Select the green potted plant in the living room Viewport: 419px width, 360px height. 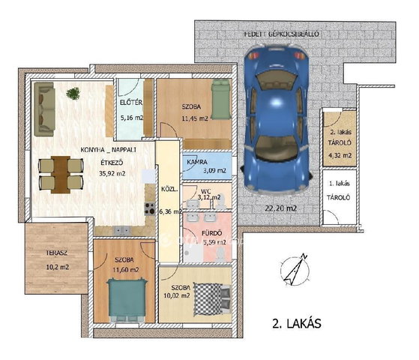(73, 93)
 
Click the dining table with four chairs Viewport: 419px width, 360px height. (61, 175)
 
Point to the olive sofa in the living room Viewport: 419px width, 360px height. (45, 109)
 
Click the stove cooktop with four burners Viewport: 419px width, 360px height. (150, 208)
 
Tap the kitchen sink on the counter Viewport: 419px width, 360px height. (122, 230)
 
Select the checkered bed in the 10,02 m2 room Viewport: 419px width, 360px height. (211, 298)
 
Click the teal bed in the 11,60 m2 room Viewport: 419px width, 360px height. (127, 300)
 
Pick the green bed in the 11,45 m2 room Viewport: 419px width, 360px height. (221, 100)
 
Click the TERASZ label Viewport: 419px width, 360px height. (56, 253)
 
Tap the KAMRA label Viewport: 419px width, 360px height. (197, 162)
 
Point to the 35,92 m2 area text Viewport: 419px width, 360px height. (112, 173)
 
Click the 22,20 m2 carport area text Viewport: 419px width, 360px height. (281, 208)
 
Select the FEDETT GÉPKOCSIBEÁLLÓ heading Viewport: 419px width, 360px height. (281, 34)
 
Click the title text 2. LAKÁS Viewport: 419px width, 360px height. (297, 324)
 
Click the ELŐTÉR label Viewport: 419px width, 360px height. (131, 103)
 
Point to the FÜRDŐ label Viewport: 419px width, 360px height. (211, 233)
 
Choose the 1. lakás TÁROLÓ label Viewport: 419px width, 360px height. (339, 190)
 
